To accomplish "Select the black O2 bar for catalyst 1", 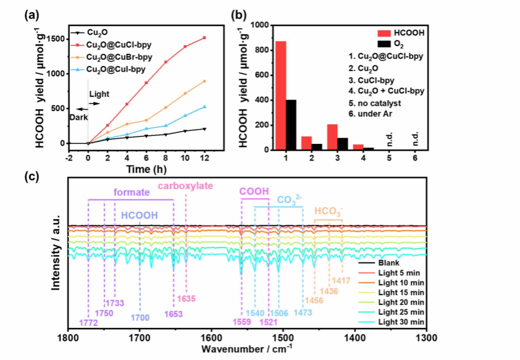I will (291, 125).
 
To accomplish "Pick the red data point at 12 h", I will (204, 38).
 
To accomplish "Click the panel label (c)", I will (31, 177).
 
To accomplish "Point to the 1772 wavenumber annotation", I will (88, 322).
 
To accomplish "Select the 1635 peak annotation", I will (186, 299).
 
